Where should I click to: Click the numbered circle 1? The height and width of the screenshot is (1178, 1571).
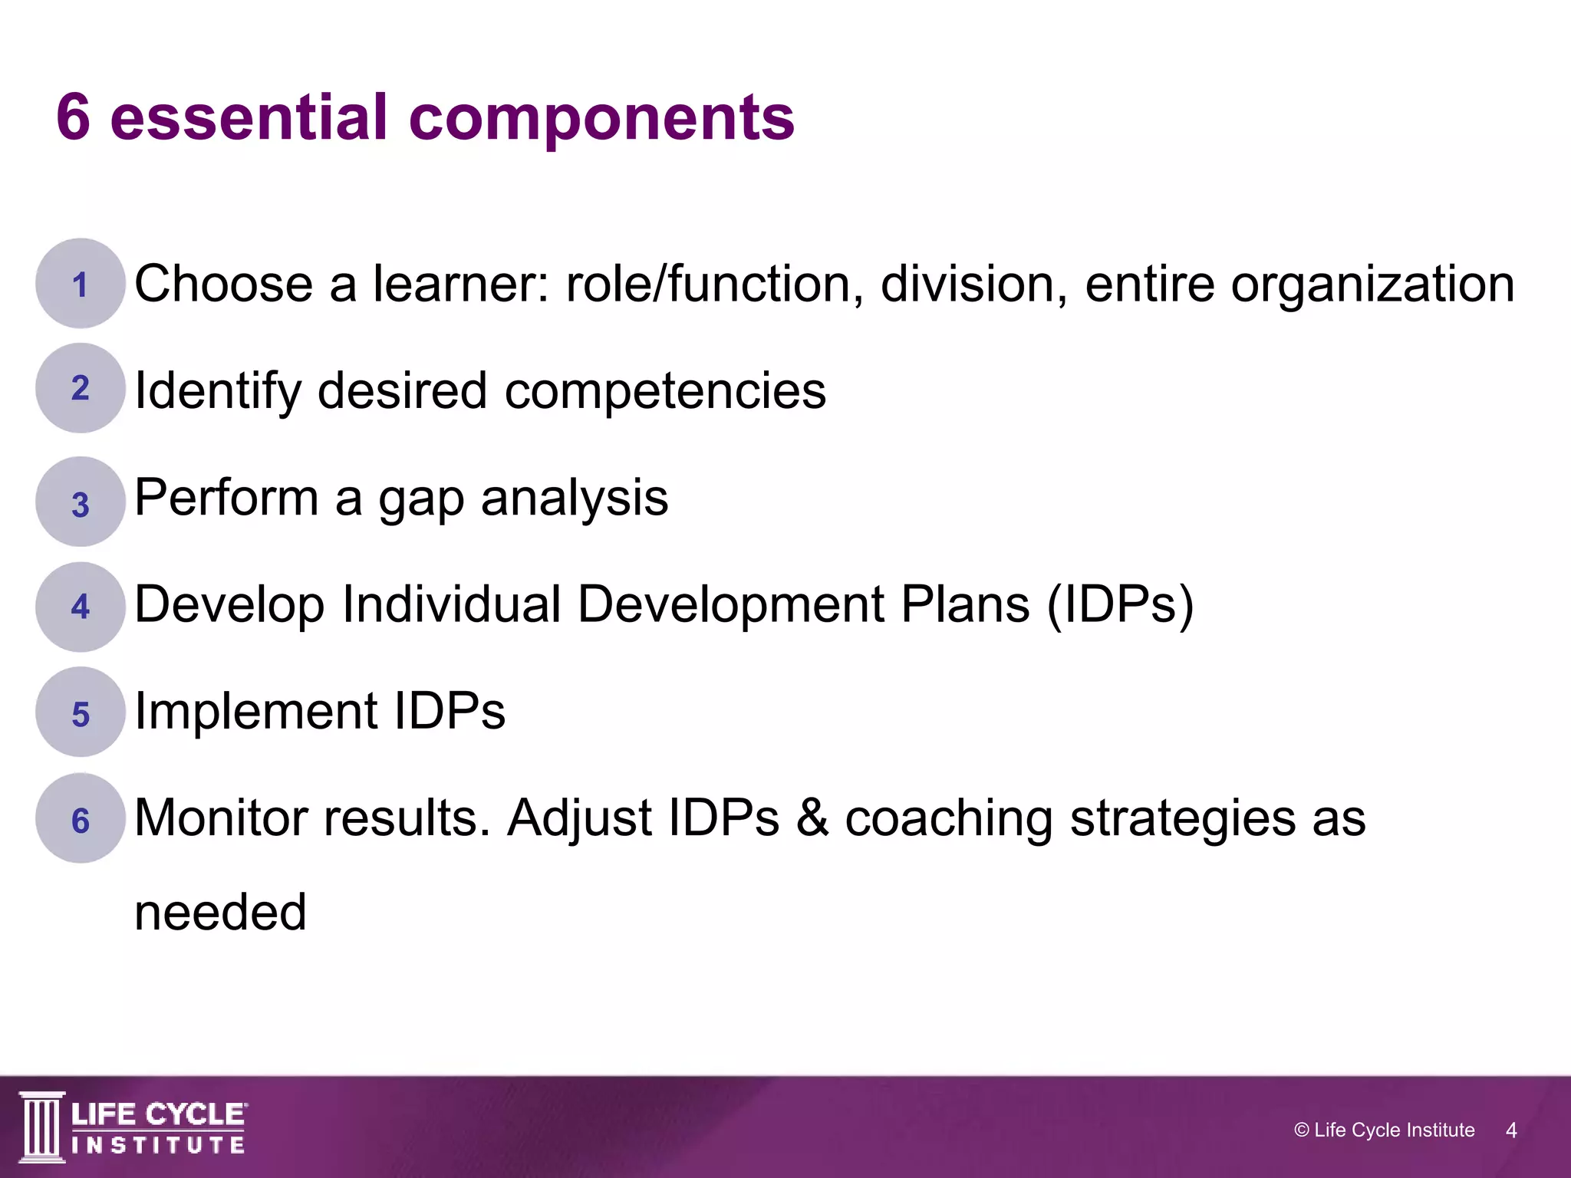pyautogui.click(x=80, y=284)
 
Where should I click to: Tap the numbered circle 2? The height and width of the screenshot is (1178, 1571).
pyautogui.click(x=80, y=388)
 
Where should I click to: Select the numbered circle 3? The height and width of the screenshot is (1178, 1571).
pyautogui.click(x=80, y=502)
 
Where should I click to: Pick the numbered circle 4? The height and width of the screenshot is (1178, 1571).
pyautogui.click(x=80, y=607)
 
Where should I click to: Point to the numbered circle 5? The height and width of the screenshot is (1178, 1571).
pyautogui.click(x=80, y=712)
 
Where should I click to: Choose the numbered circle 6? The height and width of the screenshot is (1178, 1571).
pyautogui.click(x=80, y=818)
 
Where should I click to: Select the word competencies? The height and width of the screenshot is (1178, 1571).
pyautogui.click(x=664, y=391)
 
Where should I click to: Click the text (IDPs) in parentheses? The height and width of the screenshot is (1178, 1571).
pyautogui.click(x=1120, y=605)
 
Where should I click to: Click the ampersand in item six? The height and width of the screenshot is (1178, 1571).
pyautogui.click(x=812, y=818)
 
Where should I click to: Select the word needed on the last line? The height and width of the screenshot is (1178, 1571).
pyautogui.click(x=220, y=913)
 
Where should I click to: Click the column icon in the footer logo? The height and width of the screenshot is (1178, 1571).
pyautogui.click(x=42, y=1127)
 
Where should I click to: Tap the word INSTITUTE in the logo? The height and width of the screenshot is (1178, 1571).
pyautogui.click(x=158, y=1146)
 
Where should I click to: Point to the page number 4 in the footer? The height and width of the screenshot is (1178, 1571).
pyautogui.click(x=1511, y=1130)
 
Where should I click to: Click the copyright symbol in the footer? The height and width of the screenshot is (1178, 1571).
pyautogui.click(x=1301, y=1130)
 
